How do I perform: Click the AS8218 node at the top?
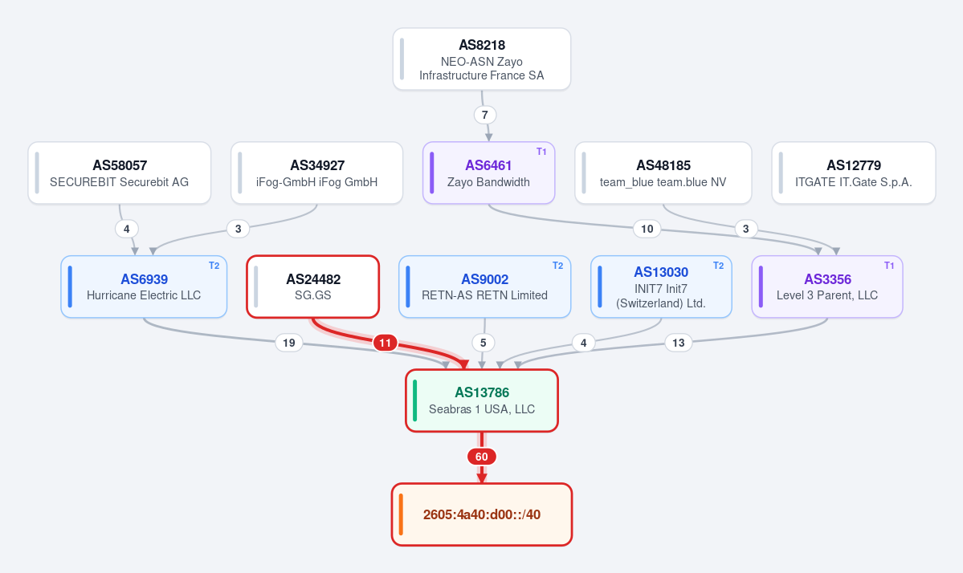pos(482,59)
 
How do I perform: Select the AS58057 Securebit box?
pos(119,173)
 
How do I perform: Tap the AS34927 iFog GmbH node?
pos(317,173)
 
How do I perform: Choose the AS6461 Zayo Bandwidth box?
pos(489,173)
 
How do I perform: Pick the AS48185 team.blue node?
pos(663,173)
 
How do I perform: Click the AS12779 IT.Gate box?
pos(854,173)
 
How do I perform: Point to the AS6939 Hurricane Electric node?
pos(144,286)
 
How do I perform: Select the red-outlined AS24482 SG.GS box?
pos(313,286)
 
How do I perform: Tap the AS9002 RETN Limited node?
pos(484,286)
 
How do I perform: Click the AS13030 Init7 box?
pos(662,286)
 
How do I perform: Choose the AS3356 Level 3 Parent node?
pos(827,286)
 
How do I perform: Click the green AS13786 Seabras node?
pos(482,400)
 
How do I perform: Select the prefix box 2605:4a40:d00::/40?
pos(482,514)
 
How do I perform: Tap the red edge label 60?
pos(482,457)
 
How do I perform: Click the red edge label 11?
pos(385,343)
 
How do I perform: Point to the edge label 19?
pos(288,343)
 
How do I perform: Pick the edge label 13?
pos(678,343)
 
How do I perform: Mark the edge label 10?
pos(647,229)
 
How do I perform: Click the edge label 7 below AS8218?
pos(484,115)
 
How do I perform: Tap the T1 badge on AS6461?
pos(541,152)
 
